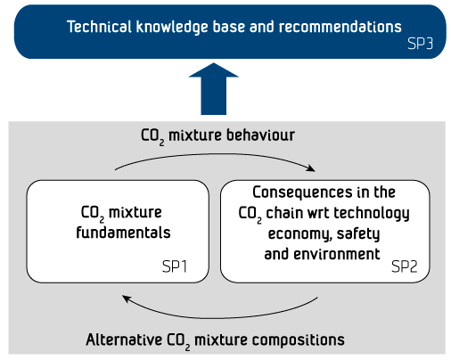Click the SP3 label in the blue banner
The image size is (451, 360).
pos(420,44)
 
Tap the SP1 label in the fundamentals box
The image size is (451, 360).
pos(175,266)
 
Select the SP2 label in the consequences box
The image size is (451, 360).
pos(405,266)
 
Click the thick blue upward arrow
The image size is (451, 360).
pos(213,88)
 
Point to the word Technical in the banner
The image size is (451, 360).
pos(99,27)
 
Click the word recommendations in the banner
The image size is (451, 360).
pos(340,27)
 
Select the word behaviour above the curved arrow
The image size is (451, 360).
pos(260,135)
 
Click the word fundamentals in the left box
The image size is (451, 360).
pos(123,233)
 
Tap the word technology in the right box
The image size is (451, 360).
pos(372,214)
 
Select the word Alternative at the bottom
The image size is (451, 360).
pos(124,340)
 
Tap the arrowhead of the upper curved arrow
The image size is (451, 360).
pos(312,168)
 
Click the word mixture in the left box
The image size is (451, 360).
pos(135,212)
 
